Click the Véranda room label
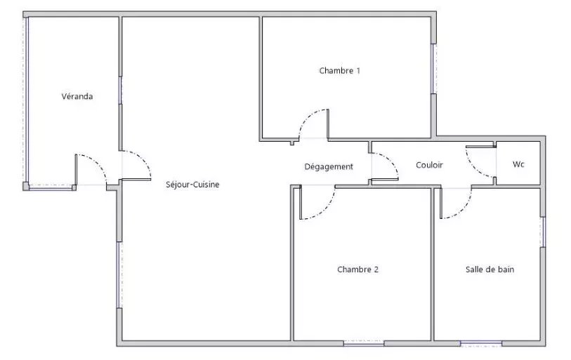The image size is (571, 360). (x=77, y=96)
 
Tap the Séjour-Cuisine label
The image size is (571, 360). (x=192, y=185)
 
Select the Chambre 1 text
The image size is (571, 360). (x=340, y=71)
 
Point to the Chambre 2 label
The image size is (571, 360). (x=357, y=269)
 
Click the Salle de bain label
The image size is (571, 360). (x=490, y=269)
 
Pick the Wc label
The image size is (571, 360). (x=518, y=164)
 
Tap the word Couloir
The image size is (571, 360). (x=429, y=165)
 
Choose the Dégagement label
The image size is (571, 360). (x=329, y=167)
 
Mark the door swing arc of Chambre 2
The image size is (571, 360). (x=326, y=211)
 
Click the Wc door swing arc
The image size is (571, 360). (x=473, y=168)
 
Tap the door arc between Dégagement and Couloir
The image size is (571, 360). (x=390, y=161)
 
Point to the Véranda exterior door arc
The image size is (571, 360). (x=98, y=163)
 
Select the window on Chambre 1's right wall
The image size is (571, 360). (x=433, y=69)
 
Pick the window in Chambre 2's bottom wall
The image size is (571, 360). (x=364, y=343)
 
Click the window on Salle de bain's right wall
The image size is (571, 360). (x=543, y=232)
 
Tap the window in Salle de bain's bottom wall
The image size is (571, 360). (x=481, y=343)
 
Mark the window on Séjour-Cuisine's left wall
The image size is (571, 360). (x=119, y=275)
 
